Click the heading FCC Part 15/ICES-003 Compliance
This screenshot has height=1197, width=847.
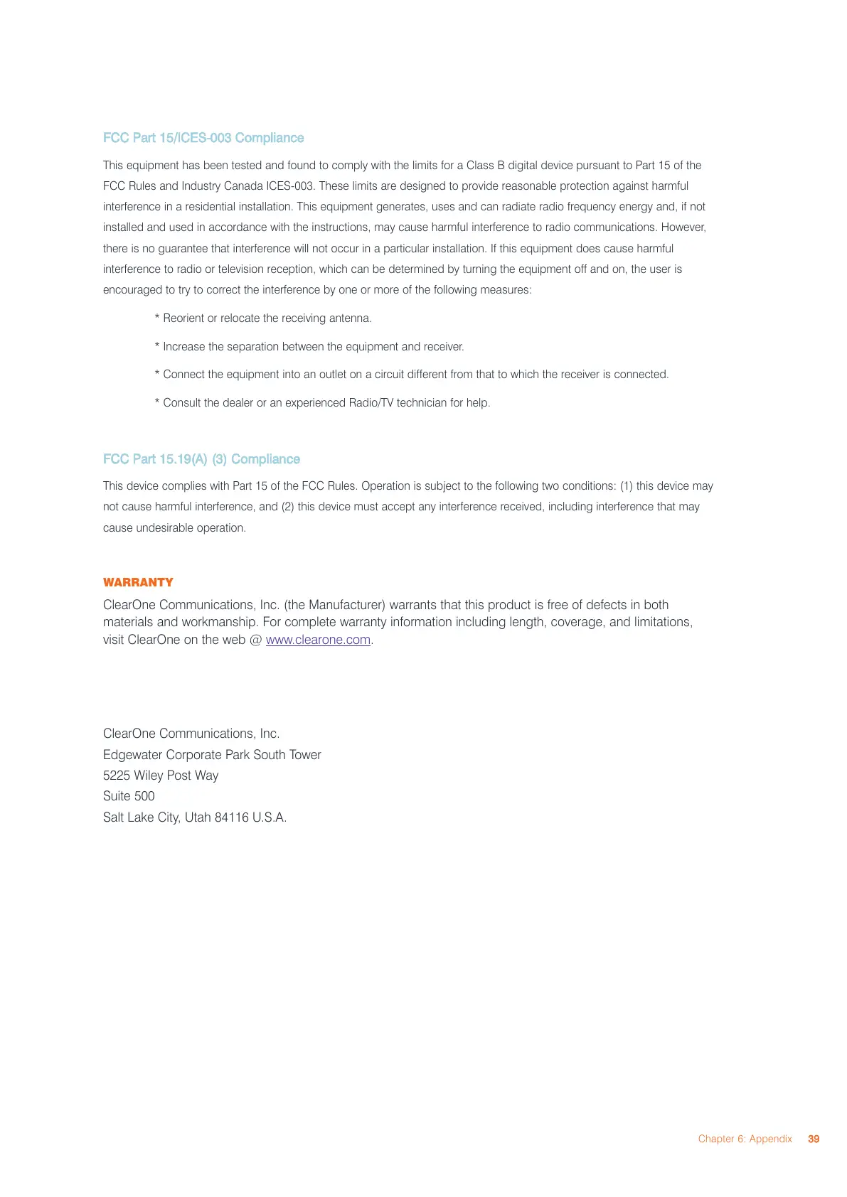click(203, 138)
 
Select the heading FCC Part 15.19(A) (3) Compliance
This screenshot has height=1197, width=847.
click(201, 459)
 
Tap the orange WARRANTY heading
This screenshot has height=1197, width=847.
click(138, 582)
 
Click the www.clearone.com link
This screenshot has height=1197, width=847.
click(318, 640)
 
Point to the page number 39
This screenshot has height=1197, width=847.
click(814, 1139)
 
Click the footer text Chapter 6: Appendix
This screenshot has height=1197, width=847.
click(745, 1139)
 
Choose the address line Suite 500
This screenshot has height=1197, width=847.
click(129, 796)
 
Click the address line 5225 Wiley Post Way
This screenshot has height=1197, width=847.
click(161, 775)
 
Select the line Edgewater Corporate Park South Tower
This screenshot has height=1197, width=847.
click(212, 755)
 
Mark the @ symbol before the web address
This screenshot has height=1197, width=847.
click(255, 640)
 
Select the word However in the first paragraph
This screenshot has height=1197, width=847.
click(683, 227)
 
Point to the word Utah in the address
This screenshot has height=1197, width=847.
click(198, 817)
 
